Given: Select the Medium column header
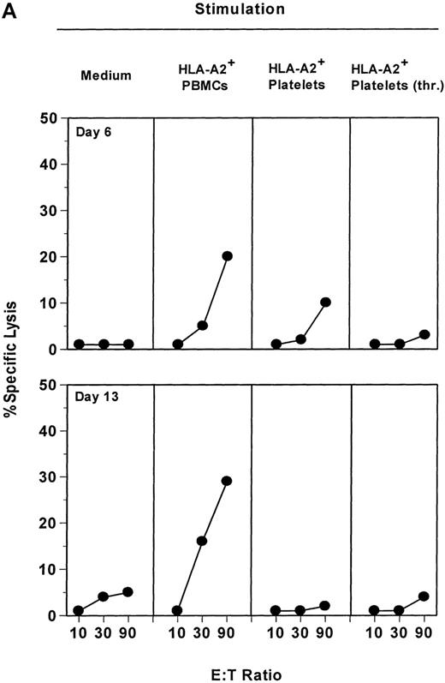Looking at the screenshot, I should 106,75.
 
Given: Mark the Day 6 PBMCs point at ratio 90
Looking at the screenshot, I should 227,255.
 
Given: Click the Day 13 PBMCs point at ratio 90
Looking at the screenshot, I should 227,481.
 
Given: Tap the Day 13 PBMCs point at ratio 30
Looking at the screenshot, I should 202,541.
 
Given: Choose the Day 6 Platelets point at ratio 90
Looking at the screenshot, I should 325,302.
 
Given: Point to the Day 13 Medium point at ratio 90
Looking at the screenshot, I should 128,592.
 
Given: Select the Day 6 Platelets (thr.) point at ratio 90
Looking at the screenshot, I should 424,334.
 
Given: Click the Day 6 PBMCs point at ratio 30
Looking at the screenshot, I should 202,326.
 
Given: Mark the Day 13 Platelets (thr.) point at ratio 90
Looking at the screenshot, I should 424,596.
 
